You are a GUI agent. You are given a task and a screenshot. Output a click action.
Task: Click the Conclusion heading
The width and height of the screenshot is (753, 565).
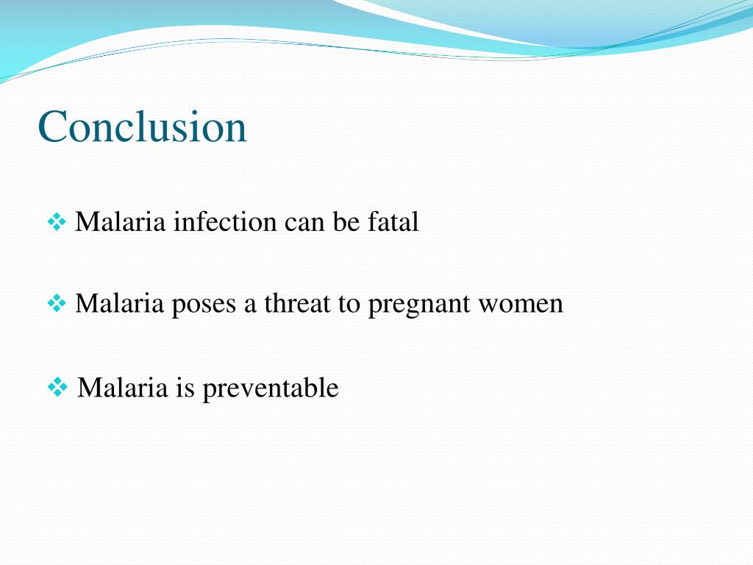click(x=143, y=127)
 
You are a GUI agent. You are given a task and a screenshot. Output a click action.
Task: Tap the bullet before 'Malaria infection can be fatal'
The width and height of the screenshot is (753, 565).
click(x=57, y=221)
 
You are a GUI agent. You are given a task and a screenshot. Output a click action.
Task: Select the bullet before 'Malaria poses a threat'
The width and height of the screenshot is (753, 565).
click(x=57, y=303)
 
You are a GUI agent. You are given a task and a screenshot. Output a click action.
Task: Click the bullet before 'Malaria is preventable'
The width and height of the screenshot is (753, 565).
click(x=57, y=387)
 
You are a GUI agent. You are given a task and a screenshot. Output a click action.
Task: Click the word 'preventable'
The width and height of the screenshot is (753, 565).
click(x=270, y=388)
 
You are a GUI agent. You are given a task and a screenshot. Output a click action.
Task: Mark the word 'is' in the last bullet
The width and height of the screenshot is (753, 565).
click(x=185, y=387)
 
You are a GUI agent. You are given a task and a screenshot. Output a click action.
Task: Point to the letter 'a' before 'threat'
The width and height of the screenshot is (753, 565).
click(x=251, y=305)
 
